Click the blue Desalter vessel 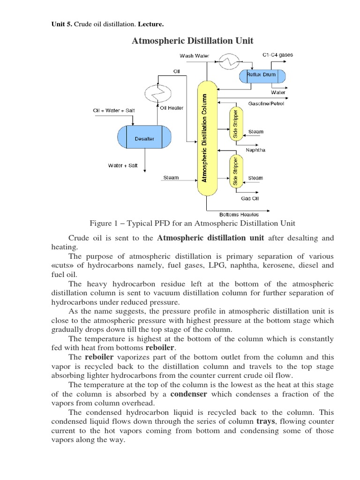(x=144, y=139)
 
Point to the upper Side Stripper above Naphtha (x=235, y=123)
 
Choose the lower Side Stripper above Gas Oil (x=235, y=172)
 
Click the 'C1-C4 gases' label (x=278, y=55)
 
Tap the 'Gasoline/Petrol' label (x=266, y=104)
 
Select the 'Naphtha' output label (x=255, y=150)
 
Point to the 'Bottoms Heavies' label (x=239, y=214)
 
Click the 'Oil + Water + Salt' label (x=114, y=110)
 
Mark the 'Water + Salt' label (x=123, y=165)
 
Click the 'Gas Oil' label (x=250, y=198)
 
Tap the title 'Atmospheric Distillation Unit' (x=193, y=41)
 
